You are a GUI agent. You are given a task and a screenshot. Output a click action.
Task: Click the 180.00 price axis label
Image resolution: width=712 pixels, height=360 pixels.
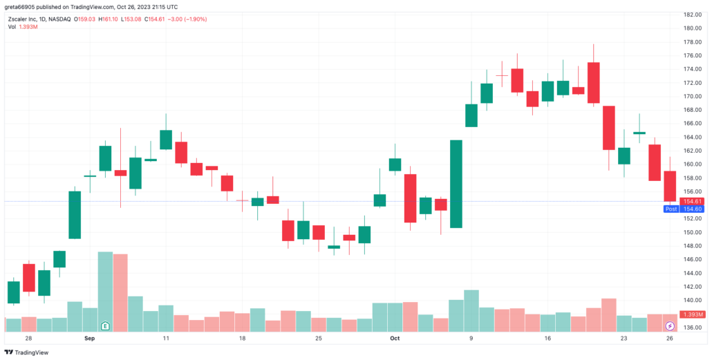tap(693, 28)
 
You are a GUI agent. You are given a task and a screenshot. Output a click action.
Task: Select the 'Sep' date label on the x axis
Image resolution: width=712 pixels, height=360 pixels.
tap(89, 339)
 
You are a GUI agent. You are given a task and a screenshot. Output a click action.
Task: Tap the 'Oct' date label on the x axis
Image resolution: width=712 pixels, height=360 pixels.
tap(395, 339)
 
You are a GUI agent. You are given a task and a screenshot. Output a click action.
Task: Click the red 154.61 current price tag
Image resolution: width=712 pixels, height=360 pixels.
tap(691, 201)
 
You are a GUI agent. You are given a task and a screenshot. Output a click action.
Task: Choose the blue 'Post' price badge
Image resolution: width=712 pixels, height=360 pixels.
tap(671, 209)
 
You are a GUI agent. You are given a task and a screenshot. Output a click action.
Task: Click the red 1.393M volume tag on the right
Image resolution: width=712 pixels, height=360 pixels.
tap(691, 314)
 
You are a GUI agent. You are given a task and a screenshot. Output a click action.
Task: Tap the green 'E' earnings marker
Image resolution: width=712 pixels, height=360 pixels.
tap(105, 325)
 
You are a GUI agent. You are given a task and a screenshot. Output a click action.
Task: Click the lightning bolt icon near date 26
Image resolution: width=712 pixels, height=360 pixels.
tap(669, 325)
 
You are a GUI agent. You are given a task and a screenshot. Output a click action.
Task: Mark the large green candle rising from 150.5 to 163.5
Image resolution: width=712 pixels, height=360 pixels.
tap(456, 184)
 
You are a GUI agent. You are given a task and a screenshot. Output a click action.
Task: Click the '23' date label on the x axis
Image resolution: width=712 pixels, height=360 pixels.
tap(624, 339)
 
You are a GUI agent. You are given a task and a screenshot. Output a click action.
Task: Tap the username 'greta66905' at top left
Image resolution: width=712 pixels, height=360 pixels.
tap(24, 7)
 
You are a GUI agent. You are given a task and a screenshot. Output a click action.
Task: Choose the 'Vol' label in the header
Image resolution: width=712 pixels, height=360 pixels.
tap(12, 27)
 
